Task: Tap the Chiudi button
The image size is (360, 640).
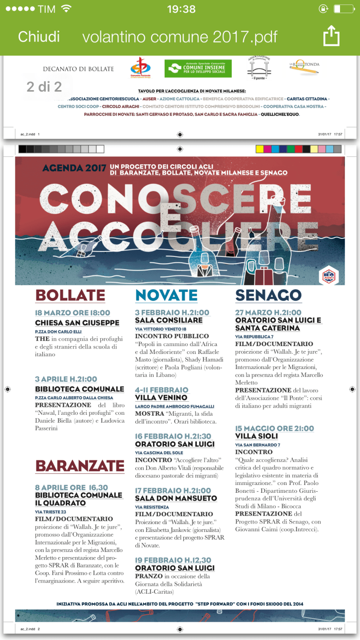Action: click(39, 37)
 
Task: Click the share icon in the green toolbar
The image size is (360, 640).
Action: click(331, 36)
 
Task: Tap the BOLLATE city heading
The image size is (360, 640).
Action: click(70, 295)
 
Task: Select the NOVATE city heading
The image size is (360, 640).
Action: click(166, 295)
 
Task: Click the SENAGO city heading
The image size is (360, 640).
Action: click(268, 295)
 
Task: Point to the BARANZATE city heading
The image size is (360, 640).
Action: click(80, 466)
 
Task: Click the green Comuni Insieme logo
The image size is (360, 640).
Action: click(198, 69)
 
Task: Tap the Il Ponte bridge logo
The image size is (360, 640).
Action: click(259, 67)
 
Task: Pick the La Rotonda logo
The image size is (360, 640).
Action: click(304, 68)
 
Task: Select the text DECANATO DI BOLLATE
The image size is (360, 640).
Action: click(78, 69)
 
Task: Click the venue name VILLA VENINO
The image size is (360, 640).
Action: click(161, 398)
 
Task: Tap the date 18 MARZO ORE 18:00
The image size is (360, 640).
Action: click(73, 313)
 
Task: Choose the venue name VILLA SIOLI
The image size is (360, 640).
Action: click(256, 436)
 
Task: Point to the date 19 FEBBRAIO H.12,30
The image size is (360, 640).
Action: click(173, 560)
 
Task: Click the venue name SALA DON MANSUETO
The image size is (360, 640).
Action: click(176, 499)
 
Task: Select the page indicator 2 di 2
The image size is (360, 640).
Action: click(44, 87)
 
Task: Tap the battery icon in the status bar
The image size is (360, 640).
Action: click(343, 9)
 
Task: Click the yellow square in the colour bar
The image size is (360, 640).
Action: click(260, 149)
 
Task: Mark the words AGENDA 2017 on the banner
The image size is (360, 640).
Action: click(74, 169)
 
